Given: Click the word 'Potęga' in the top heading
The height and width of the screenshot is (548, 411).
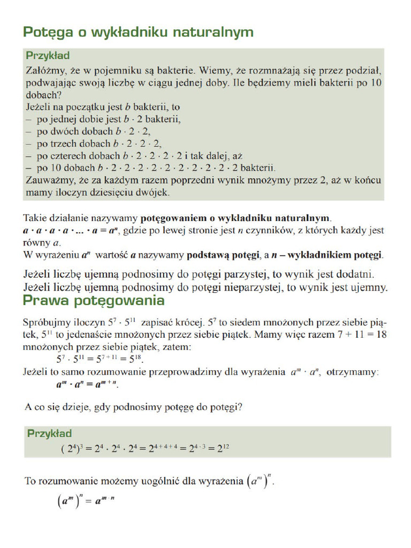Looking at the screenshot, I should [47, 33].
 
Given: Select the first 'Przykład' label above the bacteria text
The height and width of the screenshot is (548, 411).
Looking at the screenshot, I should [48, 56].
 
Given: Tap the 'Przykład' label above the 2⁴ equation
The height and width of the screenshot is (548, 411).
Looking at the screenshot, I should [49, 433].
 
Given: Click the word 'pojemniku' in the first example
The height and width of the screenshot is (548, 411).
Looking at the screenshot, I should [130, 71].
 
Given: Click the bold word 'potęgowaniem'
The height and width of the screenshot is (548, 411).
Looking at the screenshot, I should [173, 219].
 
